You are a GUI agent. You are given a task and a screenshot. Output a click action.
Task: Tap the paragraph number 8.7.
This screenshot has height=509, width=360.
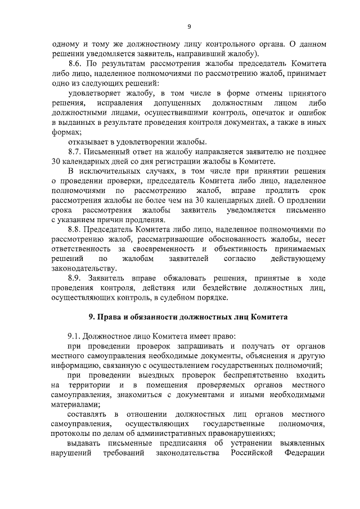point(75,152)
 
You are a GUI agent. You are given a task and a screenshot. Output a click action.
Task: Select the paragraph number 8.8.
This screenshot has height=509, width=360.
point(75,229)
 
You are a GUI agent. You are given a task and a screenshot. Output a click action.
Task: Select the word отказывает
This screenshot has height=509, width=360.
point(88,142)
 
